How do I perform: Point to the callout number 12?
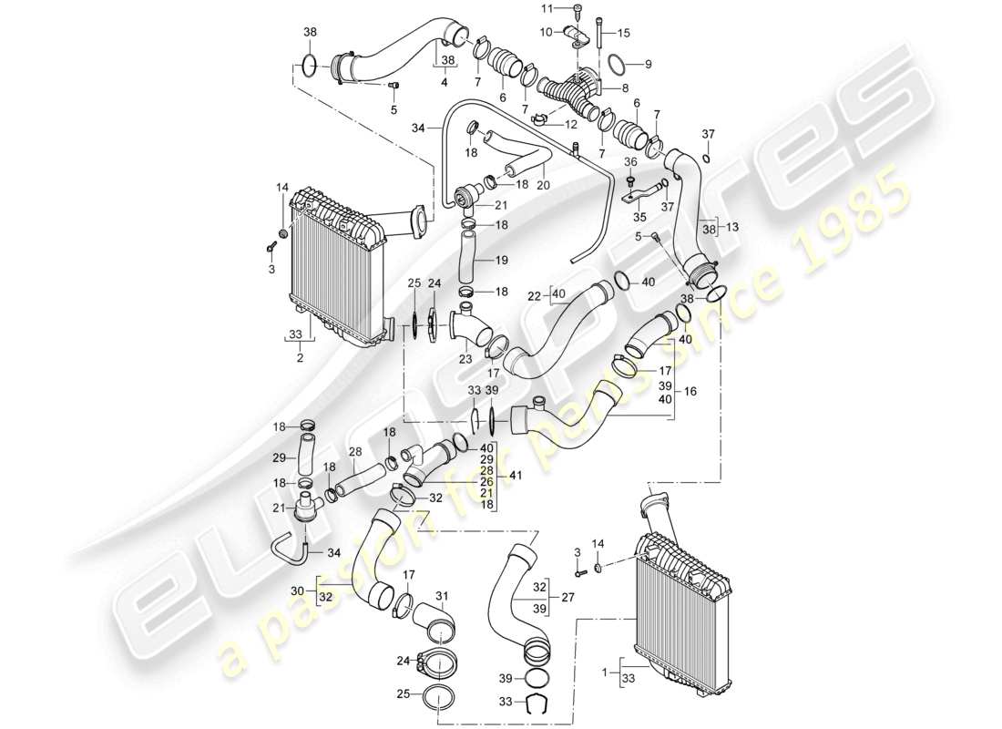coord(572,124)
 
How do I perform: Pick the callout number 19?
coord(502,260)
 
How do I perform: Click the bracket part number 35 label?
coord(638,219)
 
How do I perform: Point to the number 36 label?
coord(630,162)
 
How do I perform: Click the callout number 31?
coord(444,597)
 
